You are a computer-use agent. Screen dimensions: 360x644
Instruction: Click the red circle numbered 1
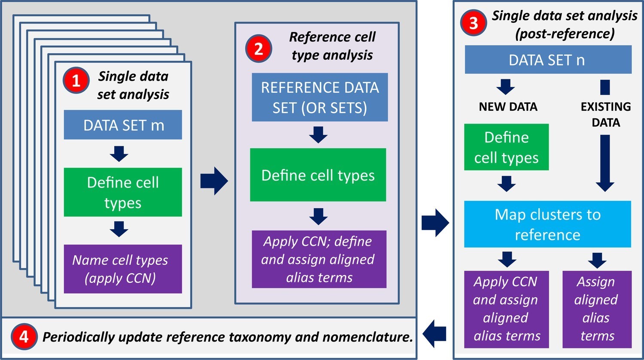[76, 80]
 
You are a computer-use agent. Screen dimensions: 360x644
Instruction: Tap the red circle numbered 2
[258, 48]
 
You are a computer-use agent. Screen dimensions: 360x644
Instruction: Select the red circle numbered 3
[473, 22]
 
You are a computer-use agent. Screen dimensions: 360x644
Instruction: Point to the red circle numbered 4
[24, 336]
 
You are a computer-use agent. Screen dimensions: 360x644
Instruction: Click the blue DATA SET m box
[123, 125]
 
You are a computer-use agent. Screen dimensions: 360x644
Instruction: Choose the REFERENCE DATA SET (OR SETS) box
[319, 97]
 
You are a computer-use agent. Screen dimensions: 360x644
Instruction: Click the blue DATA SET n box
[548, 60]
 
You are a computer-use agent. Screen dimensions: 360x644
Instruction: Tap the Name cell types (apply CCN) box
[123, 269]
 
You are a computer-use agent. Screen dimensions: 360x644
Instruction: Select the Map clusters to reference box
[547, 224]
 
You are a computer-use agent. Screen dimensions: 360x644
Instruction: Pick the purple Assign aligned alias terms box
[597, 309]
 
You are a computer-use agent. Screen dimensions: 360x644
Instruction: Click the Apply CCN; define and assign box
[319, 259]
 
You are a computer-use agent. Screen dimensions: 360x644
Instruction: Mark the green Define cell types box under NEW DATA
[506, 147]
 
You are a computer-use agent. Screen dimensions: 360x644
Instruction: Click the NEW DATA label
[508, 107]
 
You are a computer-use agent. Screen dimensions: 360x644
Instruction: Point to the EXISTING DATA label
[605, 114]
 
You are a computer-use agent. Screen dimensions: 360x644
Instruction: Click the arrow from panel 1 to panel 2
[214, 181]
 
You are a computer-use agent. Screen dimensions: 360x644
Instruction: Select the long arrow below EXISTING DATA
[605, 163]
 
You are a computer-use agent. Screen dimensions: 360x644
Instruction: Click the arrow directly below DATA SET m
[119, 153]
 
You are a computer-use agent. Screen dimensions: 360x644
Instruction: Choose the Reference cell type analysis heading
[332, 46]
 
